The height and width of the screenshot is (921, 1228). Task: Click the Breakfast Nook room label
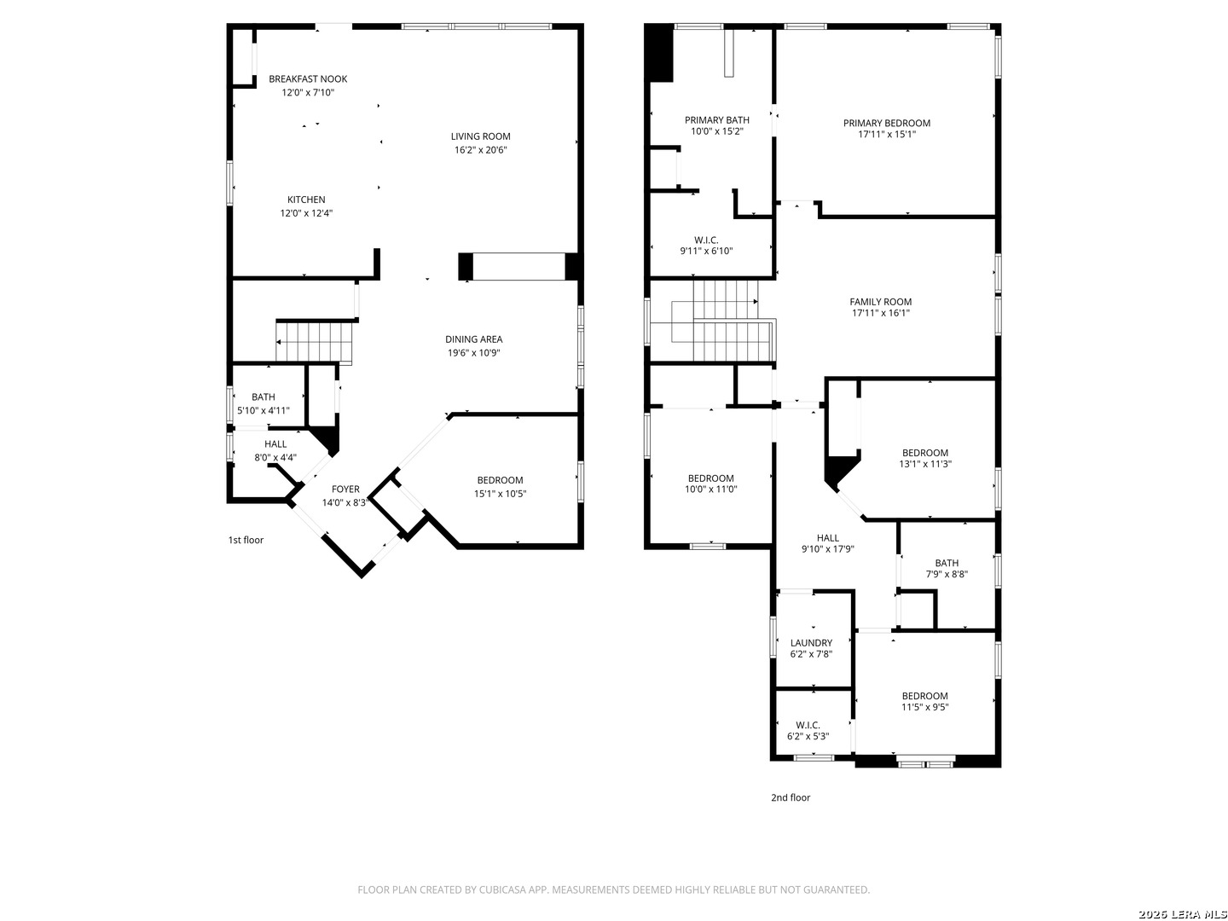tap(308, 78)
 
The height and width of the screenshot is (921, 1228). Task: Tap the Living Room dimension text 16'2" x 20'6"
tap(480, 150)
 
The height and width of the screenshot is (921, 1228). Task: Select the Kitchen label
tap(306, 200)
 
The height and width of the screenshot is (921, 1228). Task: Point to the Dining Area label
tap(473, 339)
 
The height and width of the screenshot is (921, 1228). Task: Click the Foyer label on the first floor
tap(345, 489)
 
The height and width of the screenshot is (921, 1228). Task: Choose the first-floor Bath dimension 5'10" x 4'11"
tap(263, 410)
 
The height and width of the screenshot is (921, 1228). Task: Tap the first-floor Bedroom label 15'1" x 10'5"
tap(500, 480)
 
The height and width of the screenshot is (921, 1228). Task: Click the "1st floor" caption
tap(246, 540)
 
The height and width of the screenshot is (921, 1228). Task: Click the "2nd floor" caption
tap(790, 797)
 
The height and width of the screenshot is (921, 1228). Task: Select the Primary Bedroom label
tap(886, 123)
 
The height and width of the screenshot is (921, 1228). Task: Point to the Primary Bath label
tap(716, 120)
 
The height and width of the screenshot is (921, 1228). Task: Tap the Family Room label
tap(880, 302)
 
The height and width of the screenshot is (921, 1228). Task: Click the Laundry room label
tap(811, 643)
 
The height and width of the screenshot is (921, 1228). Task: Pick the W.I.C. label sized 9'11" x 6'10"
tap(706, 240)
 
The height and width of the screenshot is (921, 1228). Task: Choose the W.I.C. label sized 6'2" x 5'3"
tap(808, 726)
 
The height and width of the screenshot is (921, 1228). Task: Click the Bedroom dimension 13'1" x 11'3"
tap(924, 464)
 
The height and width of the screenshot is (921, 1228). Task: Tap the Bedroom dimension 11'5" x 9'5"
tap(924, 707)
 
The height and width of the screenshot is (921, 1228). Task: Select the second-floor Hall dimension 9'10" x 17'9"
tap(827, 549)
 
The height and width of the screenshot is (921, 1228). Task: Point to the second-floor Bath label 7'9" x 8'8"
tap(946, 563)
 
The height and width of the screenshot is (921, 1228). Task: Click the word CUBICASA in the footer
tap(502, 889)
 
